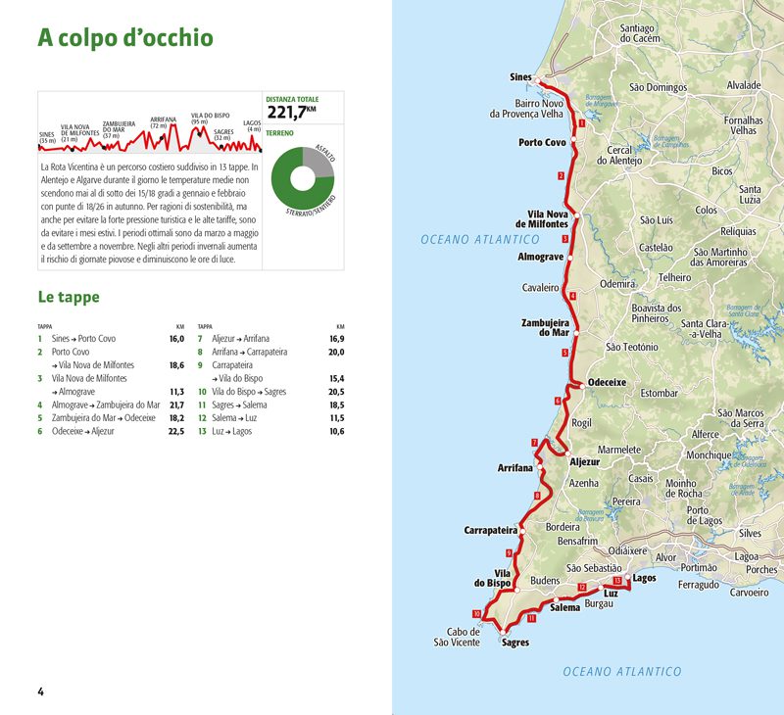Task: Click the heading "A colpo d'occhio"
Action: point(124,38)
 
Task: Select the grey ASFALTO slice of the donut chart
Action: point(320,163)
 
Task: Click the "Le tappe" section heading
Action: point(69,296)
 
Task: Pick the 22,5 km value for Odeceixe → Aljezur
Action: point(175,431)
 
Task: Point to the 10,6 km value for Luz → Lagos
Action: point(336,431)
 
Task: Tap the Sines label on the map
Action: point(520,77)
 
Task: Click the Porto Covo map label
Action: point(542,143)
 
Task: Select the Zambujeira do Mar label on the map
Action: point(545,326)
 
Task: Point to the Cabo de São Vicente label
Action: point(457,637)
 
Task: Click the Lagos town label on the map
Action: point(644,578)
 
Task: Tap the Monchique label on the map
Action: point(708,455)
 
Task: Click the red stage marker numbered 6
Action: point(558,401)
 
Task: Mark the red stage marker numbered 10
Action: point(477,614)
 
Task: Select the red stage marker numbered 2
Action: point(561,176)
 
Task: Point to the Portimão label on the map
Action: point(699,567)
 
